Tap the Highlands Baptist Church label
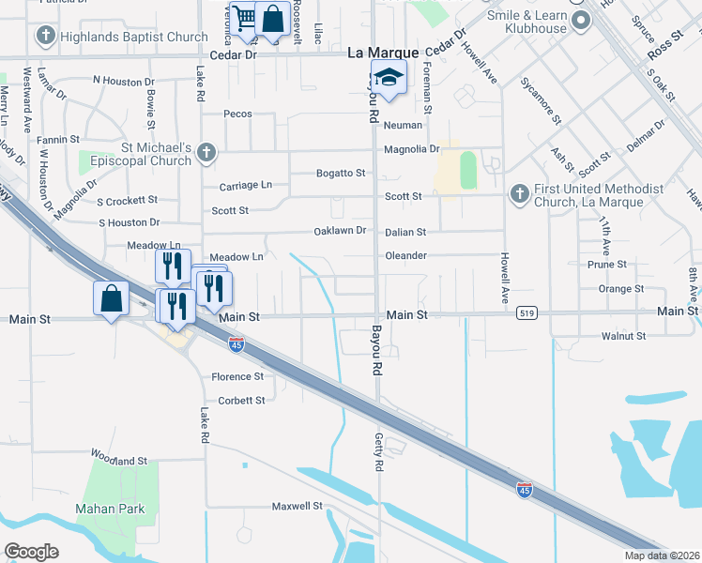click(132, 38)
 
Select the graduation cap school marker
click(388, 78)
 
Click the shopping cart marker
click(245, 18)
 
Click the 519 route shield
click(526, 313)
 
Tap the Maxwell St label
click(298, 506)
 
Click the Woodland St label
click(119, 460)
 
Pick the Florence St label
click(237, 376)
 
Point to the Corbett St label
click(241, 400)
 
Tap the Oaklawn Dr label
click(340, 232)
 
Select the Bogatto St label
click(340, 174)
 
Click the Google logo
click(31, 552)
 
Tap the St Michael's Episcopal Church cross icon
click(207, 151)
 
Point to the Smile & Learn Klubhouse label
click(527, 22)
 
